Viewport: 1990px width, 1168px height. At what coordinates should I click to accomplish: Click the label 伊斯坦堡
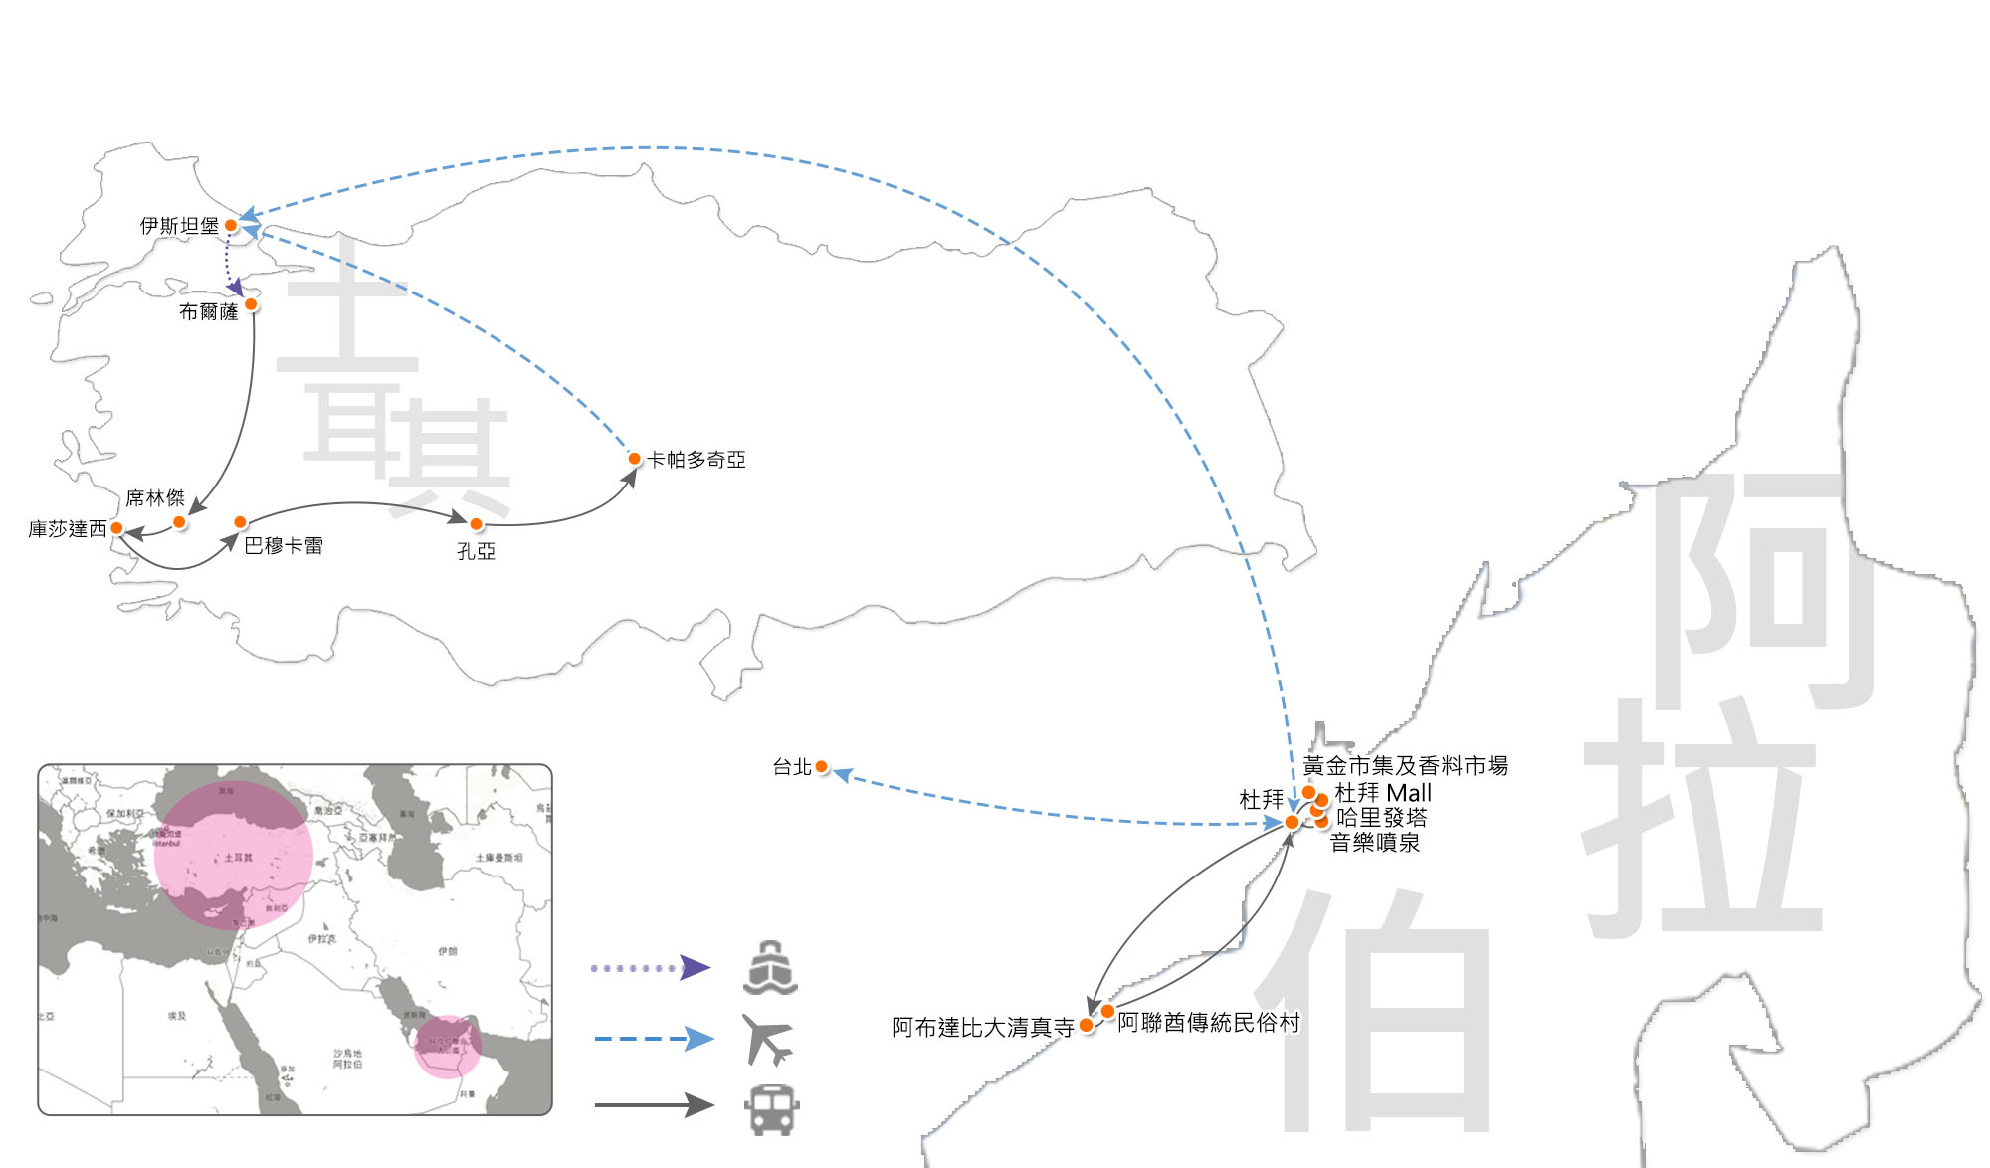point(179,226)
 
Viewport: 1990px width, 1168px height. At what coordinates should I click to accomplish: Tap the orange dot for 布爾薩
point(251,304)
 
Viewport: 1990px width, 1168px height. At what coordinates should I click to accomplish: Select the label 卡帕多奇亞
point(696,460)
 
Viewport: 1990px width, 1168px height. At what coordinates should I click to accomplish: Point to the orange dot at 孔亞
point(477,524)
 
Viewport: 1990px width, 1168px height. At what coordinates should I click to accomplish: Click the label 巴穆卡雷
point(284,546)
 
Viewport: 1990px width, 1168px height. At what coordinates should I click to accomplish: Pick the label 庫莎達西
point(67,529)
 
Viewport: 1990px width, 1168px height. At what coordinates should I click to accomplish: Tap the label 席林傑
point(155,498)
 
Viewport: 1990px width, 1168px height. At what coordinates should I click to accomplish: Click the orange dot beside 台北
point(821,767)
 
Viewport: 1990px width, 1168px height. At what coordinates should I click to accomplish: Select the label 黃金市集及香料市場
point(1405,766)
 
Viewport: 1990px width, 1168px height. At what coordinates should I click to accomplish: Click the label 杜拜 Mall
point(1383,793)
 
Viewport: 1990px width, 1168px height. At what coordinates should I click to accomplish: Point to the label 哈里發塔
point(1382,818)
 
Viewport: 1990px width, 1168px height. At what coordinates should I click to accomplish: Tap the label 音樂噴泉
point(1375,843)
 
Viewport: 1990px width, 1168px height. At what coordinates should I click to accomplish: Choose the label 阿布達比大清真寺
point(982,1027)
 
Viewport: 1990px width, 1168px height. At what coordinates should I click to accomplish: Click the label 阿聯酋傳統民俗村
point(1208,1023)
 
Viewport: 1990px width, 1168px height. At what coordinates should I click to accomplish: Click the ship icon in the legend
point(770,968)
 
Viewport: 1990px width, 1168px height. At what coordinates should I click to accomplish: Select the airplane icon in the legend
point(768,1040)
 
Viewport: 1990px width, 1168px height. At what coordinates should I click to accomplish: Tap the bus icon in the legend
point(772,1109)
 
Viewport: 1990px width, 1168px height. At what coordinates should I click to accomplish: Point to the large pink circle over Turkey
point(234,855)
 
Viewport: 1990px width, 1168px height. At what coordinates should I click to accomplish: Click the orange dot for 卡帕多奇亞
point(634,459)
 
